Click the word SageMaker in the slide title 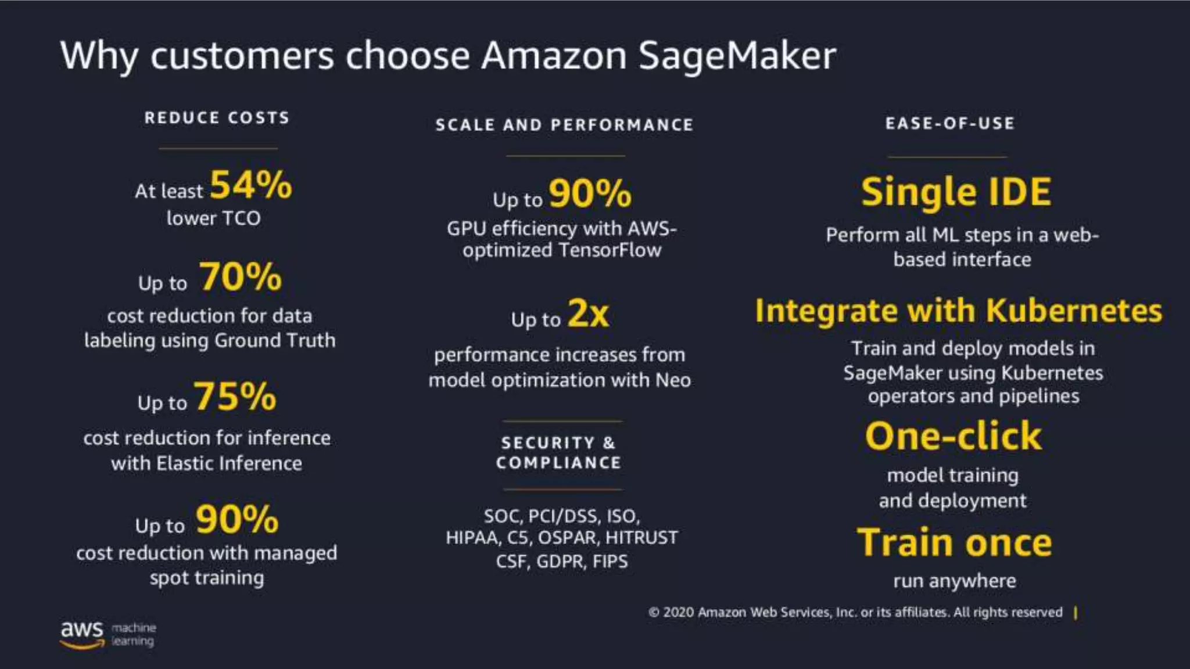(737, 56)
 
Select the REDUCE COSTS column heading (217, 118)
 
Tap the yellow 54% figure (250, 185)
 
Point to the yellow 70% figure (241, 276)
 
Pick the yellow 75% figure (235, 397)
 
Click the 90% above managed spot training (237, 519)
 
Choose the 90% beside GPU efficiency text (590, 193)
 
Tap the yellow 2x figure (588, 314)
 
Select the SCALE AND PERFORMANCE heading (564, 125)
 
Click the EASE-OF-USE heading (950, 123)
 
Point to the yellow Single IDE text (956, 192)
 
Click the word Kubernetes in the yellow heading (1074, 311)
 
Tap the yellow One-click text (954, 436)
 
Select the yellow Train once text (955, 542)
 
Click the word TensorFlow (610, 250)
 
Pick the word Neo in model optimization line (673, 380)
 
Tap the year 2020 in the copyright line (678, 613)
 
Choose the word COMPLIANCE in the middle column (558, 463)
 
